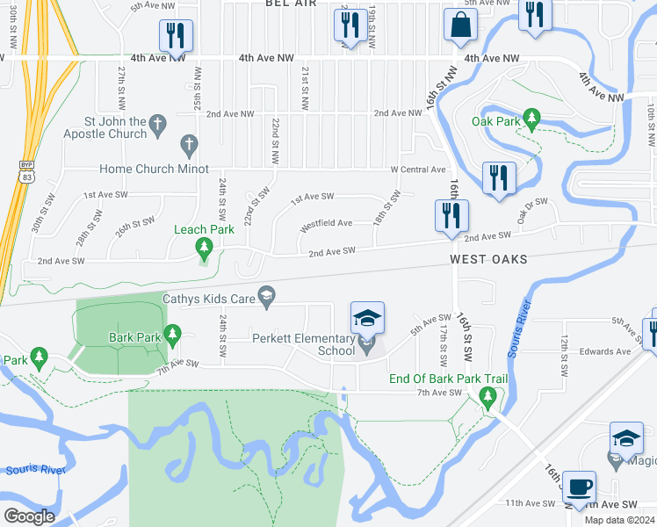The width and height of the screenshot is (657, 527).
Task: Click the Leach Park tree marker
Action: [x=205, y=249]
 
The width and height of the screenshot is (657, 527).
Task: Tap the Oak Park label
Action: [x=496, y=121]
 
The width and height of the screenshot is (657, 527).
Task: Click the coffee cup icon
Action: [x=579, y=486]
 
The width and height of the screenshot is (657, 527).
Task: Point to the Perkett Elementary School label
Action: [x=303, y=344]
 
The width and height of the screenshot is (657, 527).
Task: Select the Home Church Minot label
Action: [x=154, y=169]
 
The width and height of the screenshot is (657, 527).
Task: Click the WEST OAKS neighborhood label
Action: [x=489, y=260]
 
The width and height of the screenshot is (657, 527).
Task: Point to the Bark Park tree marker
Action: [x=172, y=335]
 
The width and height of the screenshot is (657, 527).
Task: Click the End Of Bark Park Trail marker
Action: [x=488, y=398]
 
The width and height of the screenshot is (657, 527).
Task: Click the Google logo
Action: [x=28, y=516]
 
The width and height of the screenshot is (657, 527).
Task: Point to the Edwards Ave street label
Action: [x=605, y=351]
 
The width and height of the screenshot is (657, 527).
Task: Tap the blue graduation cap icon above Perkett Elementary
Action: [x=367, y=317]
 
